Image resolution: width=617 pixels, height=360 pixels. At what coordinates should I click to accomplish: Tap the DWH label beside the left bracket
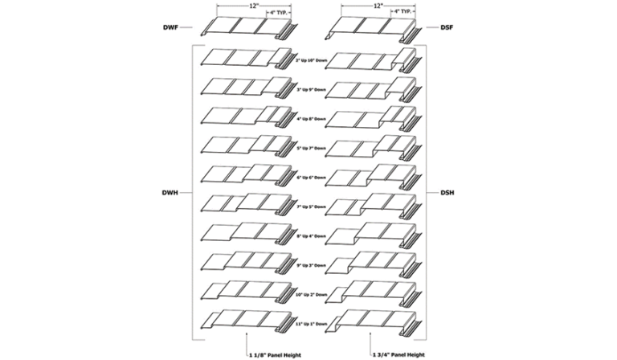pos(170,193)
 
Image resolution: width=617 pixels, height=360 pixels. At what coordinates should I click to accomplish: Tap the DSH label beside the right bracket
pos(448,193)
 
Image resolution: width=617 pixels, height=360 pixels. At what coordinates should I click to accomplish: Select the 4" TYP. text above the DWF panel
pos(278,13)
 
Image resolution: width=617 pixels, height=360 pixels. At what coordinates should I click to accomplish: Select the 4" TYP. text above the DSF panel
pos(406,13)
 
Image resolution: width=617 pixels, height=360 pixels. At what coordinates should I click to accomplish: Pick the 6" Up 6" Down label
pos(313,177)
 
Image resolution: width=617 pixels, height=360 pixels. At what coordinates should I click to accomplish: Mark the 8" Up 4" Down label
pos(313,236)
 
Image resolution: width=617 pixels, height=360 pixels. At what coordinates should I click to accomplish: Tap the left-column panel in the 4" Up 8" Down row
pos(245,117)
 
